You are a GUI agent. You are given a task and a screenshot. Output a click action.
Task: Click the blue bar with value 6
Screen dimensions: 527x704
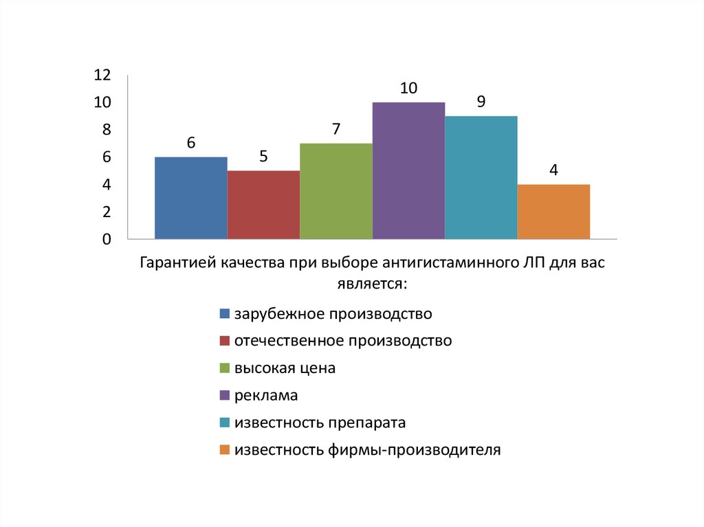pyautogui.click(x=191, y=198)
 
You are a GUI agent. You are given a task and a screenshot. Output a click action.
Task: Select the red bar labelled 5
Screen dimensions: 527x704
pyautogui.click(x=263, y=205)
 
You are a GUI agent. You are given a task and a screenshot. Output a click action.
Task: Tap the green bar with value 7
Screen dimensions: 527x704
pyautogui.click(x=336, y=191)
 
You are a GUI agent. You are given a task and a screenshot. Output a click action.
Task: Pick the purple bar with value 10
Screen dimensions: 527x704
pyautogui.click(x=408, y=170)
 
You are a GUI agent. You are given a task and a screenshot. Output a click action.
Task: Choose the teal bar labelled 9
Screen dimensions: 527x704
pyautogui.click(x=481, y=177)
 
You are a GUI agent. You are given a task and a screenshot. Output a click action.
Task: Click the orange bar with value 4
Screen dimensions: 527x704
pyautogui.click(x=553, y=212)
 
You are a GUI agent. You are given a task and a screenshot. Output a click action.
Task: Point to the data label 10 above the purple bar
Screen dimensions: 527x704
pyautogui.click(x=408, y=88)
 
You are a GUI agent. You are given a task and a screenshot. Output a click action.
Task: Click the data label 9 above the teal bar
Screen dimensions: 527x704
pyautogui.click(x=481, y=102)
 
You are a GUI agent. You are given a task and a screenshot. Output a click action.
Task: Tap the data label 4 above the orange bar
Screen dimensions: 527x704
pyautogui.click(x=553, y=170)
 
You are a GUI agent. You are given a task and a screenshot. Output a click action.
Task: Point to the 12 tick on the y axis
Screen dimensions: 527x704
pyautogui.click(x=102, y=75)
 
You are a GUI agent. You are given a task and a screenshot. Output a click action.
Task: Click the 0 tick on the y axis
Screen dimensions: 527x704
pyautogui.click(x=107, y=240)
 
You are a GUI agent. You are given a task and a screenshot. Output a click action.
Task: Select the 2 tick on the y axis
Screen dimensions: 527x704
pyautogui.click(x=107, y=212)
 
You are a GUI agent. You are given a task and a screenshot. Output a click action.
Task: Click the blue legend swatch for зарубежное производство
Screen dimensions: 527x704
pyautogui.click(x=224, y=315)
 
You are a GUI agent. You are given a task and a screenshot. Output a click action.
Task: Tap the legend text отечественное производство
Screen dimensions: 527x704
pyautogui.click(x=343, y=341)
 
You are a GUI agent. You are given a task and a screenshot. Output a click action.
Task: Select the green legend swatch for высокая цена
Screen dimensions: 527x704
pyautogui.click(x=224, y=368)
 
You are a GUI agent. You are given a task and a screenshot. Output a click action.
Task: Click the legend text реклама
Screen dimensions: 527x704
pyautogui.click(x=266, y=396)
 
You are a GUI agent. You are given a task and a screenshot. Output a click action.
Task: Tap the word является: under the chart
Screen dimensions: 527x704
pyautogui.click(x=372, y=282)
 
